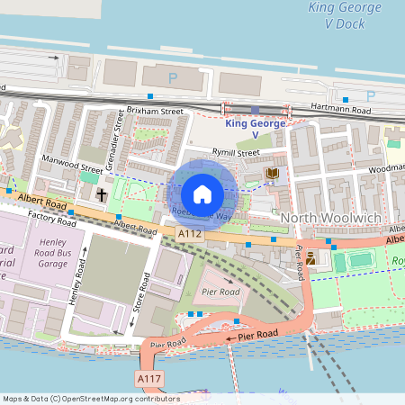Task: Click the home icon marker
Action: point(202,193)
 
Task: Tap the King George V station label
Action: point(255,129)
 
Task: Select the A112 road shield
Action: point(189,233)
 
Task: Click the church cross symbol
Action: point(102,194)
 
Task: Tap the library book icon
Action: point(271,172)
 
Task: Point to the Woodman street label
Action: point(387,167)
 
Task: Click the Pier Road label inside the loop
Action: point(220,292)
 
